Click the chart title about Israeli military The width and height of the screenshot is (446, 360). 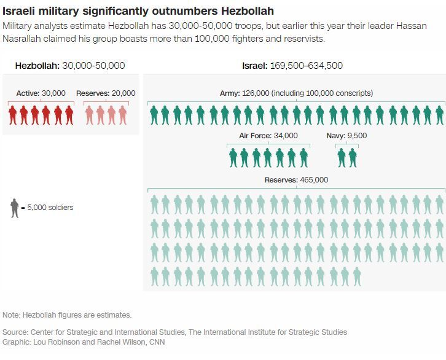pyautogui.click(x=138, y=11)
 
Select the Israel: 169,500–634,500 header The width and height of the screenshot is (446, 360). pyautogui.click(x=293, y=66)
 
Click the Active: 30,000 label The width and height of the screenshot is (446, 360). pyautogui.click(x=41, y=93)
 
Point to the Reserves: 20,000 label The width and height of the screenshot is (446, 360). pyautogui.click(x=106, y=93)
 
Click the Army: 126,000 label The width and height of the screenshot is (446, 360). pyautogui.click(x=296, y=93)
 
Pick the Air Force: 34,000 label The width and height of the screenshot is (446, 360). pyautogui.click(x=268, y=136)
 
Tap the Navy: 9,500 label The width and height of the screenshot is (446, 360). pyautogui.click(x=346, y=136)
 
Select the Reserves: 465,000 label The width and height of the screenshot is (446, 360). pyautogui.click(x=296, y=180)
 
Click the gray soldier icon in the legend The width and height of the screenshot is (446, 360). pyautogui.click(x=14, y=208)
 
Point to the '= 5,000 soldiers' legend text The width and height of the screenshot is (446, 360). pyautogui.click(x=47, y=208)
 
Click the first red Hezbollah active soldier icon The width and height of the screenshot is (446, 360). pyautogui.click(x=13, y=115)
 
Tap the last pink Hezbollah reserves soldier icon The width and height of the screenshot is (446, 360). pyautogui.click(x=123, y=115)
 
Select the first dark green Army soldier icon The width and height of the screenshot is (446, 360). pyautogui.click(x=154, y=115)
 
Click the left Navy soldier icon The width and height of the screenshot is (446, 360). pyautogui.click(x=342, y=158)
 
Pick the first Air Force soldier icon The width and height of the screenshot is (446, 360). pyautogui.click(x=233, y=158)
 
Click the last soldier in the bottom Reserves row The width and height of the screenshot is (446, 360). pyautogui.click(x=356, y=276)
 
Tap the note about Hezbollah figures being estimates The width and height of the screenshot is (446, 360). pyautogui.click(x=67, y=315)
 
